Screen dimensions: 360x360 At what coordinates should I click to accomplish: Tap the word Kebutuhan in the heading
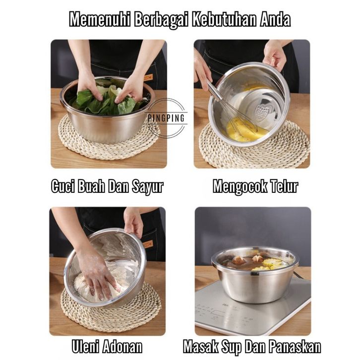click(x=224, y=20)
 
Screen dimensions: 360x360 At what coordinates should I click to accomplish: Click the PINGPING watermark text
click(x=166, y=118)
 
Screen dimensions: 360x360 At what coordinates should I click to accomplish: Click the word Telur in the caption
click(x=284, y=186)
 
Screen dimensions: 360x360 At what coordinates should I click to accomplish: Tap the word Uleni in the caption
click(x=85, y=346)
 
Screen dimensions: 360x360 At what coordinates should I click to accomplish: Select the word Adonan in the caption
click(x=122, y=346)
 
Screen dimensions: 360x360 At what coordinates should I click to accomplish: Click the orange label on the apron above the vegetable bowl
click(x=148, y=77)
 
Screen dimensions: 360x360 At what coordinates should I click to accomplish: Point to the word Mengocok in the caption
click(x=240, y=186)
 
